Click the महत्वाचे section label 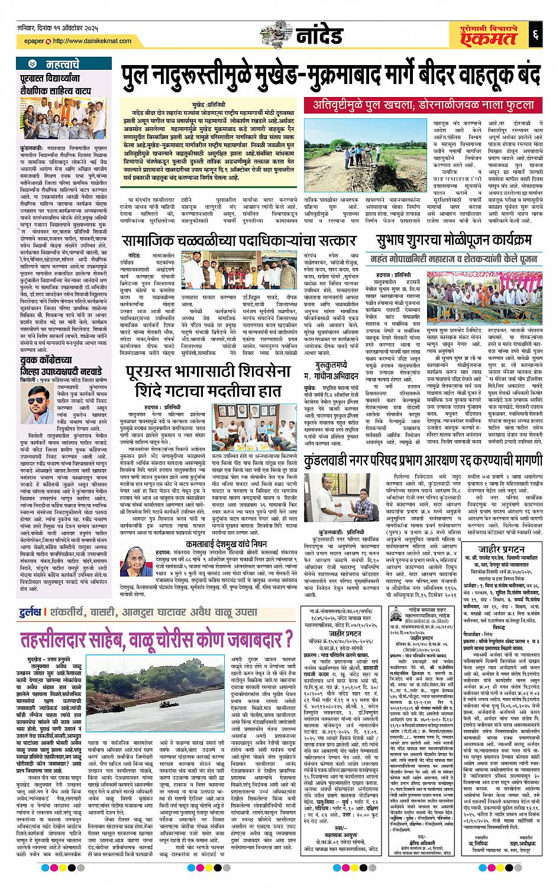[61, 62]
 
